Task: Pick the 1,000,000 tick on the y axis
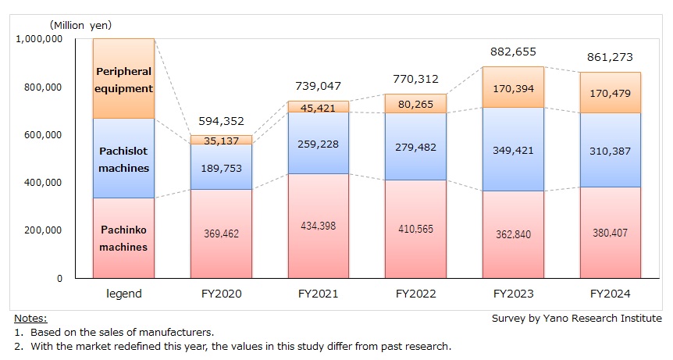coord(39,40)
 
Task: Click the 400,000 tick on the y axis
coord(44,183)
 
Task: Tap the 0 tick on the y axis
coord(59,278)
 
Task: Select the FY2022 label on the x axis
coord(415,295)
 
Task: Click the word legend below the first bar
coord(123,295)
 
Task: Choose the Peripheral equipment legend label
coord(123,80)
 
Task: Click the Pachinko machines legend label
coord(123,238)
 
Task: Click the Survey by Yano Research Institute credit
coord(576,319)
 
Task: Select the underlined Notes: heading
coord(30,319)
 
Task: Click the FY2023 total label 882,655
coord(513,52)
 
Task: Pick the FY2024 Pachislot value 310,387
coord(611,151)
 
